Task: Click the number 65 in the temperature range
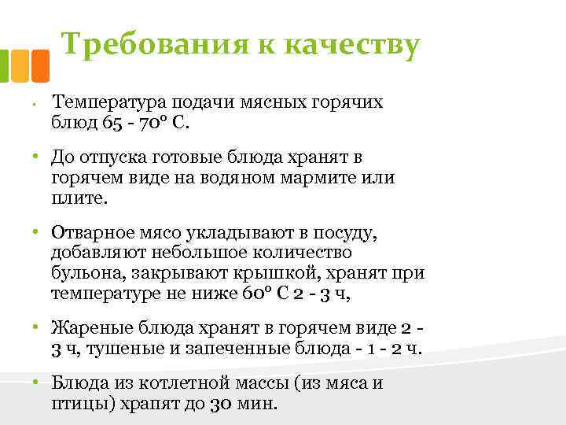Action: [x=112, y=123]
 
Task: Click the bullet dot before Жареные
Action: [x=35, y=328]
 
